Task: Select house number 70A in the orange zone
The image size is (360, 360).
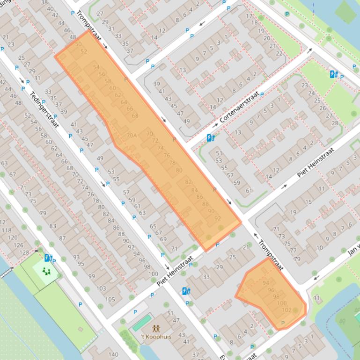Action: [132, 136]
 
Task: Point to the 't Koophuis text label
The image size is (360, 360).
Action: [156, 337]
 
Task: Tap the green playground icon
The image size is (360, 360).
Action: [45, 271]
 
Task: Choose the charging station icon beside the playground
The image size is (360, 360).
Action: [48, 258]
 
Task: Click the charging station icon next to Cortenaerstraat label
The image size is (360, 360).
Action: [211, 137]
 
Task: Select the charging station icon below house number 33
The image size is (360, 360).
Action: [186, 291]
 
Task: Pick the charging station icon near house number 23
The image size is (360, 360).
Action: [333, 74]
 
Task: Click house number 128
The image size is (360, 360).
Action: [24, 252]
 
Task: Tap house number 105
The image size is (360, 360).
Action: [110, 299]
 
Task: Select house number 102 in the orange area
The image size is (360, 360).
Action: [287, 310]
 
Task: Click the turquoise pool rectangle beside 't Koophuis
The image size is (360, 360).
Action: [141, 323]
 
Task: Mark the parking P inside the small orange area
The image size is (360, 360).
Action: [283, 323]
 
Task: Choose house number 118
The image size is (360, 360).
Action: [6, 230]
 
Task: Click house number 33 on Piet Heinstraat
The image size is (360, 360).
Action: [206, 277]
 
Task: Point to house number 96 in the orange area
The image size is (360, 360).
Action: [271, 290]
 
